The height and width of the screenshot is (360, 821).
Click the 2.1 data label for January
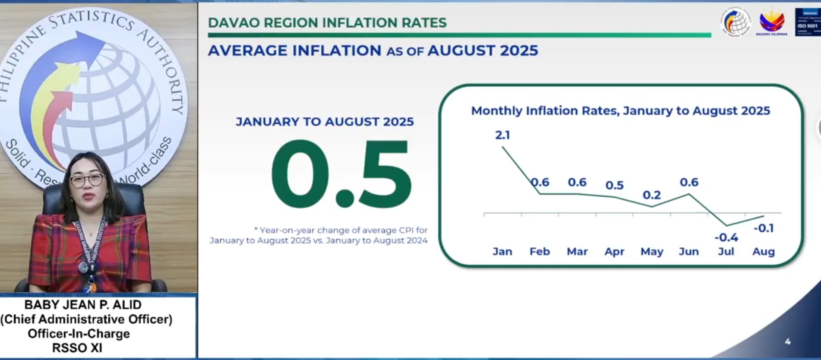click(502, 135)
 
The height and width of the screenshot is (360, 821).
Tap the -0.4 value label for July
click(726, 237)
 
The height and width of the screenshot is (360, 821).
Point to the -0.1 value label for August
click(764, 228)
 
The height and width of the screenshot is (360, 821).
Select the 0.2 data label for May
click(652, 195)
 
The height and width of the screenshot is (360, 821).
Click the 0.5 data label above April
click(614, 185)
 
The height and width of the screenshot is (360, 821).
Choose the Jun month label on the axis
click(689, 251)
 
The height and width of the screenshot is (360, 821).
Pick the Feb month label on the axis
click(540, 251)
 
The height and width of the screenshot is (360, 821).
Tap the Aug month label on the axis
click(763, 251)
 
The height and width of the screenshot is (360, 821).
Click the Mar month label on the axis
click(577, 251)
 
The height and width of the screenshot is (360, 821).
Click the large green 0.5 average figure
click(341, 175)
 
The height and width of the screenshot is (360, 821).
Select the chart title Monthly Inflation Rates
click(620, 111)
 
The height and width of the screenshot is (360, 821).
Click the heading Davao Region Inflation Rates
click(327, 22)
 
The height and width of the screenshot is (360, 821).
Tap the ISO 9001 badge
click(807, 22)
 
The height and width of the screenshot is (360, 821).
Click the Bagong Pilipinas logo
click(772, 22)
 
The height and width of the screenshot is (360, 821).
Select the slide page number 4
click(788, 341)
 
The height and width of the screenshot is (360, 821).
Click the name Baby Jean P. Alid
click(83, 305)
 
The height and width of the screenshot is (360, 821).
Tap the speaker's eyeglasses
click(88, 180)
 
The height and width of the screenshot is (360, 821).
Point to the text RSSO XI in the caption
click(77, 348)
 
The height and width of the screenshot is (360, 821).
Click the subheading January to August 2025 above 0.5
click(325, 122)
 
